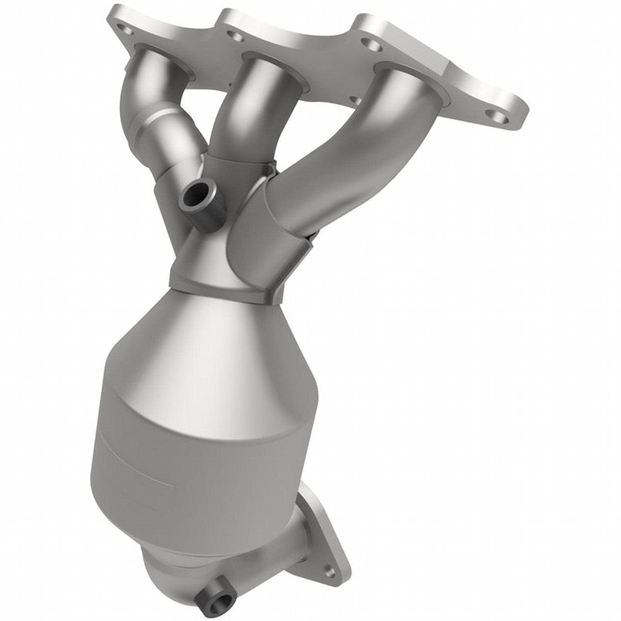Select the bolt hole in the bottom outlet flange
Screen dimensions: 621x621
(329, 570)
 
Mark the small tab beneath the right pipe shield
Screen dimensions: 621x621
(309, 237)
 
